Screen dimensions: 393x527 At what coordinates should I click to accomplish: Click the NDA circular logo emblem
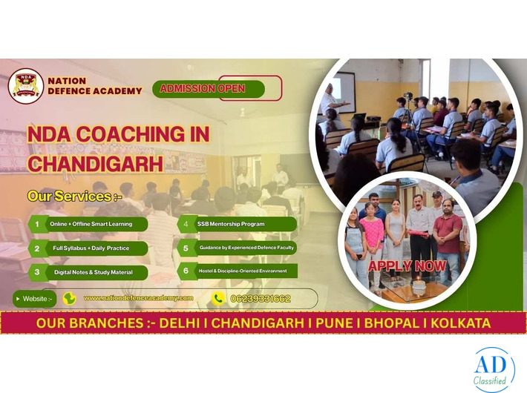[x=26, y=86]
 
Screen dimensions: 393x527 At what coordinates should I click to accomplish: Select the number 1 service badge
[x=36, y=224]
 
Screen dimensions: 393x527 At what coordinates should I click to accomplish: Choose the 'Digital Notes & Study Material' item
[x=91, y=272]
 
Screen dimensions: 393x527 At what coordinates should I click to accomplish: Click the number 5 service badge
[x=186, y=248]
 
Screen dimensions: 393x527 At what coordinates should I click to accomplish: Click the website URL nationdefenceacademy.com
[x=138, y=298]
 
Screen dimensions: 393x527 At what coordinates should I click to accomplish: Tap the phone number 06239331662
[x=261, y=299]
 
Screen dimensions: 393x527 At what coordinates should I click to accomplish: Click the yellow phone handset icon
[x=218, y=299]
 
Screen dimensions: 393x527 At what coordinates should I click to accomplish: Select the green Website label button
[x=34, y=299]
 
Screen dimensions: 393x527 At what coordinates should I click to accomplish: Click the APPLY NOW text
[x=407, y=265]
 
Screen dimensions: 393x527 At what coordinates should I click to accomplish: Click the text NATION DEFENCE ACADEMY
[x=94, y=86]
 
